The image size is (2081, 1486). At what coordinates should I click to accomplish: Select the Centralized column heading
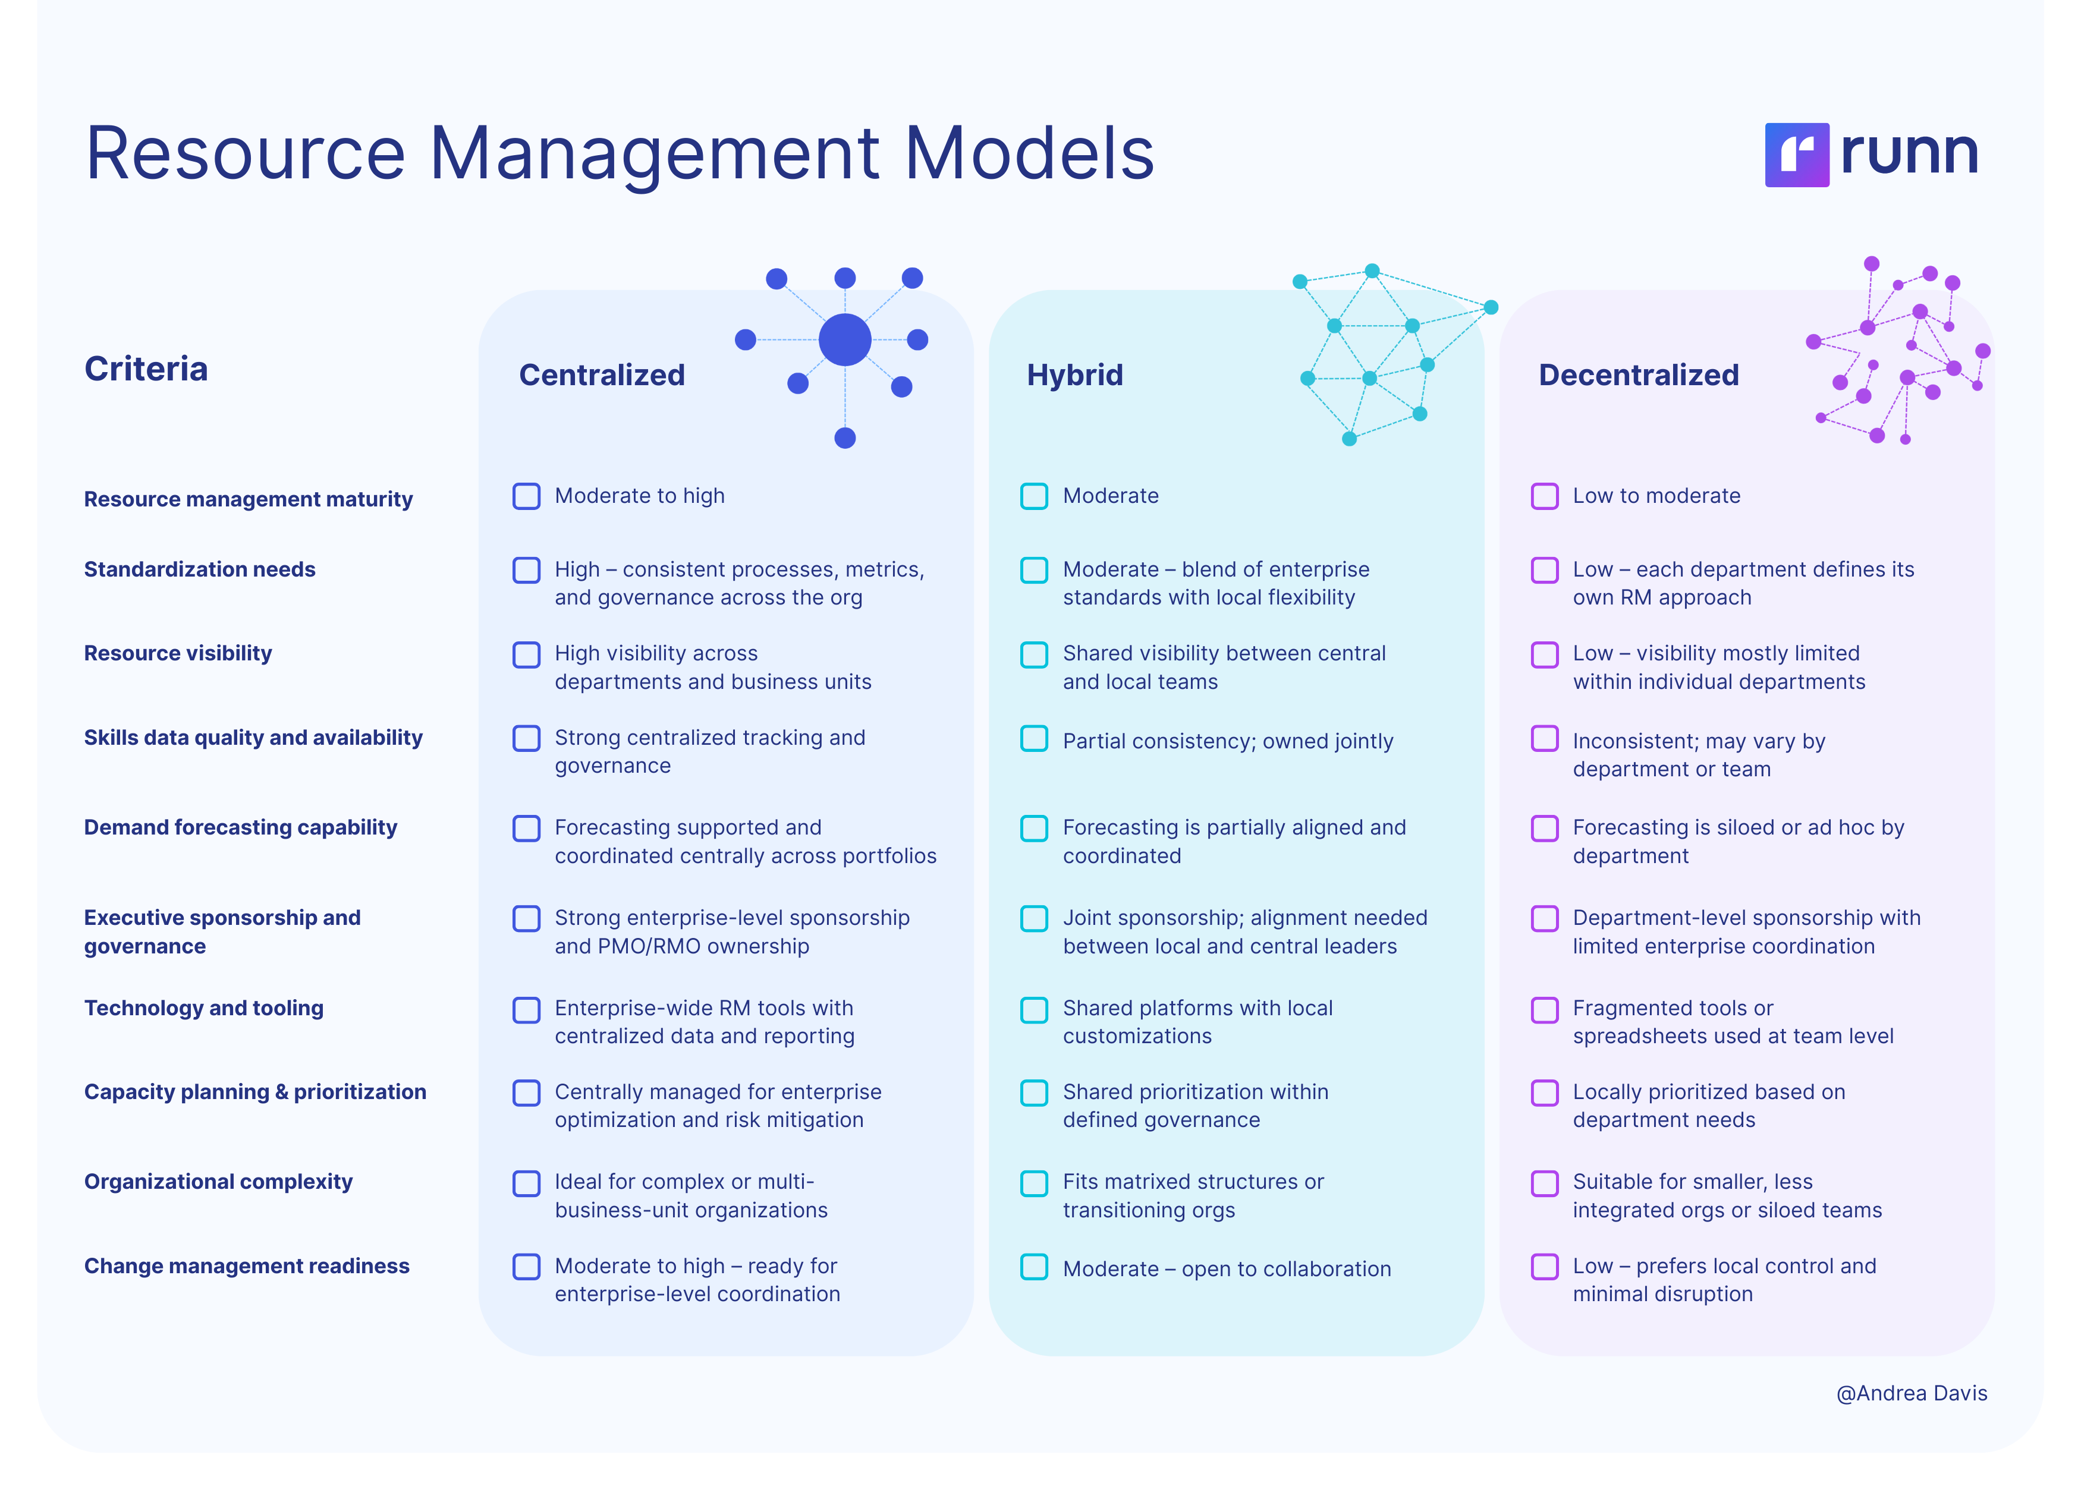(x=601, y=374)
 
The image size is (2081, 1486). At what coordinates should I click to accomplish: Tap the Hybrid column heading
(x=1074, y=374)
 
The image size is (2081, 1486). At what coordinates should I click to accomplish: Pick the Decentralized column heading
(x=1638, y=374)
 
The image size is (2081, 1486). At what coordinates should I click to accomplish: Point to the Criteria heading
(x=146, y=369)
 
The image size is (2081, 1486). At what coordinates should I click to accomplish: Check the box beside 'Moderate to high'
(x=526, y=496)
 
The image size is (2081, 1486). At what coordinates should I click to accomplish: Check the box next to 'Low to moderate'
(x=1545, y=496)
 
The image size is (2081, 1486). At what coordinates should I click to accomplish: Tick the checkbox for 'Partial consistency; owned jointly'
(x=1034, y=738)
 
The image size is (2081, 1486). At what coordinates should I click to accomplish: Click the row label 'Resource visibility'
(x=178, y=653)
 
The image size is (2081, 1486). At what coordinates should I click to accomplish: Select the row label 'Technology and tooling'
(x=203, y=1008)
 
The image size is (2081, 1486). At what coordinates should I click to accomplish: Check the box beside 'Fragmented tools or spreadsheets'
(x=1545, y=1010)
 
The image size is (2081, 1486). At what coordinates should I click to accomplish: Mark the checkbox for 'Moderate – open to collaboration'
(x=1034, y=1267)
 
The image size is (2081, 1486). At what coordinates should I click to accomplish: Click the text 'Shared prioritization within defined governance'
(x=1195, y=1106)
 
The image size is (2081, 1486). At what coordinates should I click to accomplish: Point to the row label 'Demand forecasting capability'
(x=240, y=827)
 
